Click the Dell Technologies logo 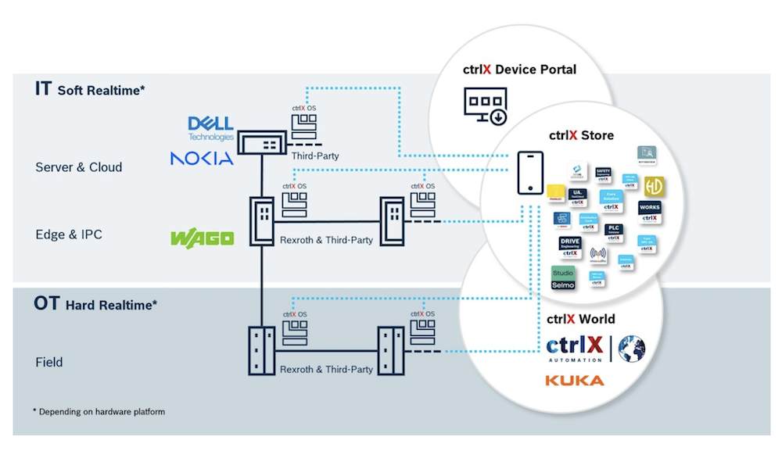(x=211, y=128)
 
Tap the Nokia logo (x=202, y=159)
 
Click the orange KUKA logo (x=575, y=381)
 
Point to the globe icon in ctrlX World (x=631, y=349)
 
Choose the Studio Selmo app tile (x=563, y=278)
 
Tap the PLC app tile (x=615, y=231)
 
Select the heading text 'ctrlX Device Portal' (x=518, y=70)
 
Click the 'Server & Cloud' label (x=78, y=167)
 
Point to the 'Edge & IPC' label (x=69, y=234)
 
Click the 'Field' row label (x=48, y=362)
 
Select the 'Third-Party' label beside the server (x=315, y=156)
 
